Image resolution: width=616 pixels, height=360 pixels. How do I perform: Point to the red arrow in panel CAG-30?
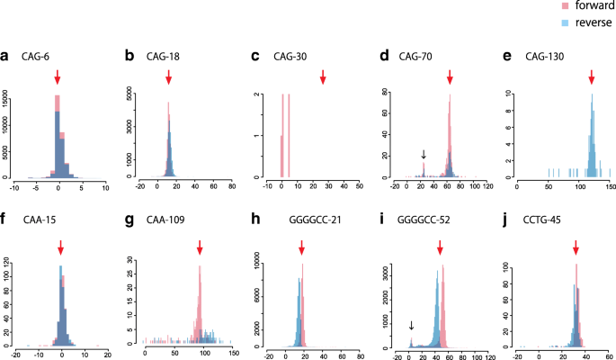coord(323,79)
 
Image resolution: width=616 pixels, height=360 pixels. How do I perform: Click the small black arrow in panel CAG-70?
coord(423,155)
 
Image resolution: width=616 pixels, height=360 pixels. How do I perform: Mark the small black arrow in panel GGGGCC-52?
coord(410,326)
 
